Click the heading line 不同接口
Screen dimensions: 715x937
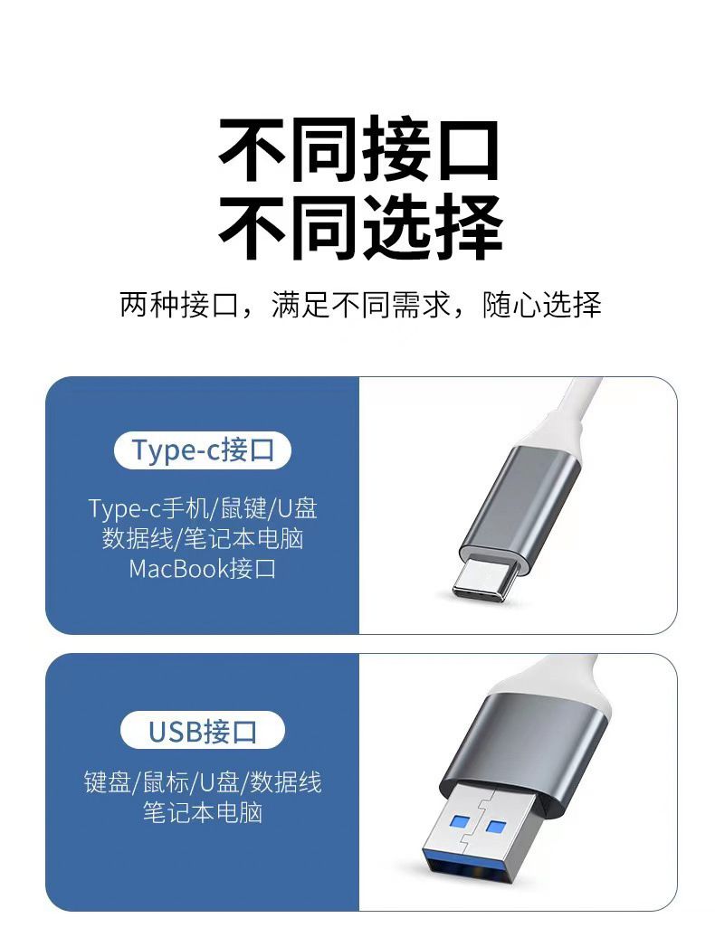358,149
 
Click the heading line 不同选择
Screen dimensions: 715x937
360,227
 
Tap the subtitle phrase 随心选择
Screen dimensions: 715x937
541,305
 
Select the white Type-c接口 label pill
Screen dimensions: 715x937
202,450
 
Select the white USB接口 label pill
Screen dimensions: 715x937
202,730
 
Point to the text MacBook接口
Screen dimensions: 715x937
202,568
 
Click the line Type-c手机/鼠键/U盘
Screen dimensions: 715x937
203,508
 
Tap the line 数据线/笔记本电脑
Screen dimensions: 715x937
203,538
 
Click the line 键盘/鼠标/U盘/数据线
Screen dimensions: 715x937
203,782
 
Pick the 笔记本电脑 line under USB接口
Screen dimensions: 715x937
203,812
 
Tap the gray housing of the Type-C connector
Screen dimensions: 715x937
521,502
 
